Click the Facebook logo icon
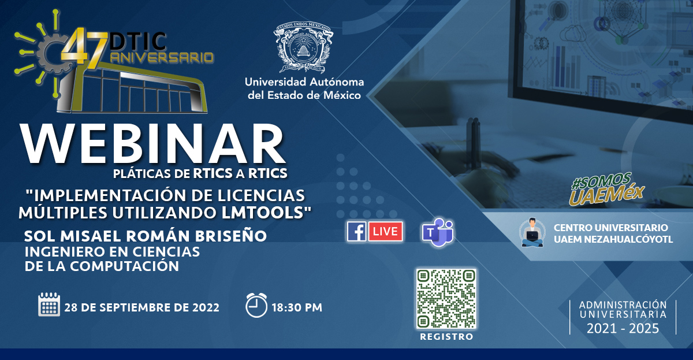pyautogui.click(x=357, y=231)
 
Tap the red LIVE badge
pyautogui.click(x=386, y=231)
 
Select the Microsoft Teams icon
pyautogui.click(x=438, y=232)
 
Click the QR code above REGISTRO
pyautogui.click(x=446, y=299)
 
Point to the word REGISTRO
pyautogui.click(x=446, y=337)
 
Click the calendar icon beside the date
pyautogui.click(x=49, y=305)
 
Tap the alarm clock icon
pyautogui.click(x=256, y=305)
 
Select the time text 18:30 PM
pyautogui.click(x=297, y=307)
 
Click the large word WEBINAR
pyautogui.click(x=152, y=144)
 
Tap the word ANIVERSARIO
pyautogui.click(x=162, y=58)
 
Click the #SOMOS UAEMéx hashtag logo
pyautogui.click(x=607, y=189)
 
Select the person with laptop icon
pyautogui.click(x=532, y=232)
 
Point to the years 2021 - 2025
pyautogui.click(x=623, y=328)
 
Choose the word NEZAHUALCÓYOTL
pyautogui.click(x=631, y=239)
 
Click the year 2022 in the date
pyautogui.click(x=206, y=307)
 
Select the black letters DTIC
pyautogui.click(x=138, y=41)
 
